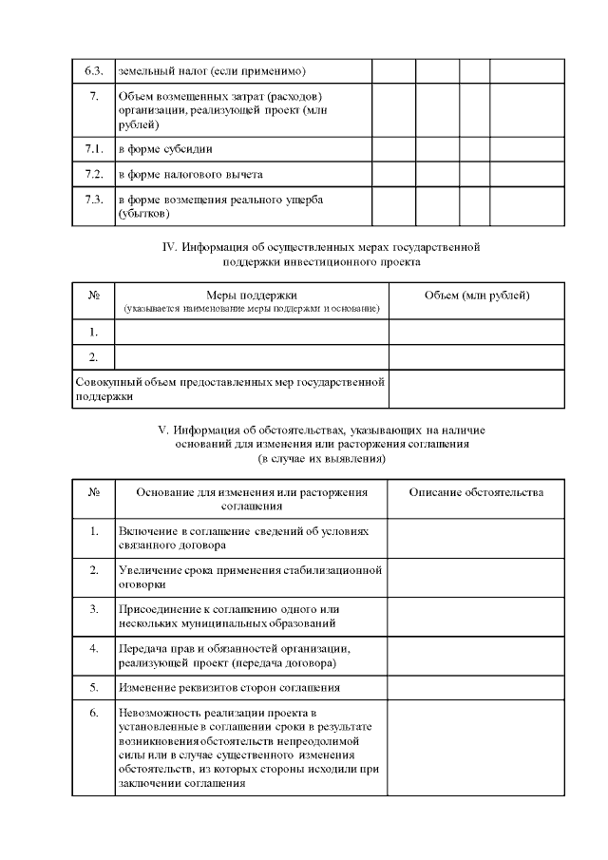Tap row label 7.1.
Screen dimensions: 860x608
coord(93,149)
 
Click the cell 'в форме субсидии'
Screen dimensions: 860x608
coord(165,149)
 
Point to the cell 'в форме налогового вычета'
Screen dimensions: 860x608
coord(190,175)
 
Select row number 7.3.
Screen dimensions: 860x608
coord(93,201)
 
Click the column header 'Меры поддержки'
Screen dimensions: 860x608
coord(252,296)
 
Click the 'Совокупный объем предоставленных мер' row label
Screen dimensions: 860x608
coord(229,389)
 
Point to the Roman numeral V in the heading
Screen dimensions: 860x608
coord(161,430)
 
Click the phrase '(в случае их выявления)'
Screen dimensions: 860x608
coord(322,459)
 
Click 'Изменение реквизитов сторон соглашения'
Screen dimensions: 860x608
coord(229,686)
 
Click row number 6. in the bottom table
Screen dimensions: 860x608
coord(93,713)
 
